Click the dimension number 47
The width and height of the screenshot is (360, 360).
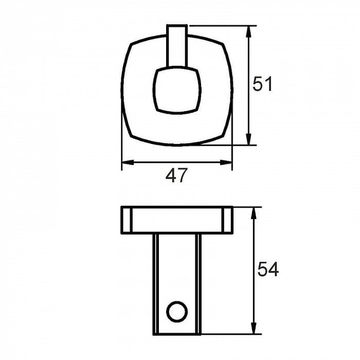176,175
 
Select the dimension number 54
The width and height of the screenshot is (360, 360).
268,269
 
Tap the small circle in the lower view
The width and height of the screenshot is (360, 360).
177,312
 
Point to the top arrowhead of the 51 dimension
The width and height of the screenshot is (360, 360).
248,32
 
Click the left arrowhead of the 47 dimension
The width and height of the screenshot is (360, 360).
128,163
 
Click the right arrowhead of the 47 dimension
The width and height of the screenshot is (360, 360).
226,163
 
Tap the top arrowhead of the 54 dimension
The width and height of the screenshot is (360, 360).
254,213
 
